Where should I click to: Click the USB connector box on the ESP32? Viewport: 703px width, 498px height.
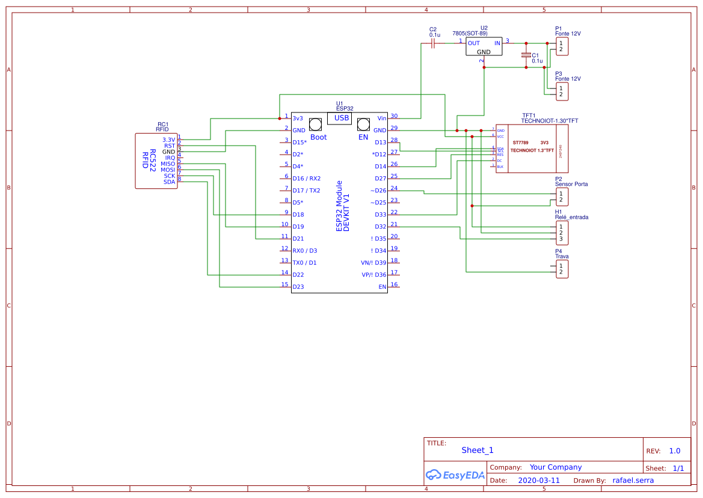[x=341, y=118]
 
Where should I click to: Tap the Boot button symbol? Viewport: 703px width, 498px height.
[x=315, y=124]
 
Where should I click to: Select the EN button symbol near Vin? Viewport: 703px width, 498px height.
[x=363, y=124]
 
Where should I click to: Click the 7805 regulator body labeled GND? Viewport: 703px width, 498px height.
[x=484, y=48]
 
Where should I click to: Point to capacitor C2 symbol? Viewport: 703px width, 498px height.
[x=433, y=44]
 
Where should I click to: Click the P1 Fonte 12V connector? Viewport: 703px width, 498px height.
[x=561, y=46]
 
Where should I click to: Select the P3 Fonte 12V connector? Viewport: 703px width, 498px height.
[x=561, y=91]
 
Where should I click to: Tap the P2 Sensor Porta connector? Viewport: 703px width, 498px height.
[x=561, y=196]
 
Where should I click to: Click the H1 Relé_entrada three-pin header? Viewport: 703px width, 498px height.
[x=561, y=232]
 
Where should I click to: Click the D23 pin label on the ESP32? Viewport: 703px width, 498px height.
[x=298, y=287]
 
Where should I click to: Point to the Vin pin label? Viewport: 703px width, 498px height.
[x=382, y=118]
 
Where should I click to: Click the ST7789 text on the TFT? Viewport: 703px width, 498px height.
[x=520, y=143]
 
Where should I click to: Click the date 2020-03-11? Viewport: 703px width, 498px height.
[x=538, y=481]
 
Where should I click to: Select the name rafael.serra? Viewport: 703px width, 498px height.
[x=633, y=481]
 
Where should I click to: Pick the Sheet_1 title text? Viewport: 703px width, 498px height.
[x=477, y=450]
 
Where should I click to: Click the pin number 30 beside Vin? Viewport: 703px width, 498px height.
[x=394, y=116]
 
